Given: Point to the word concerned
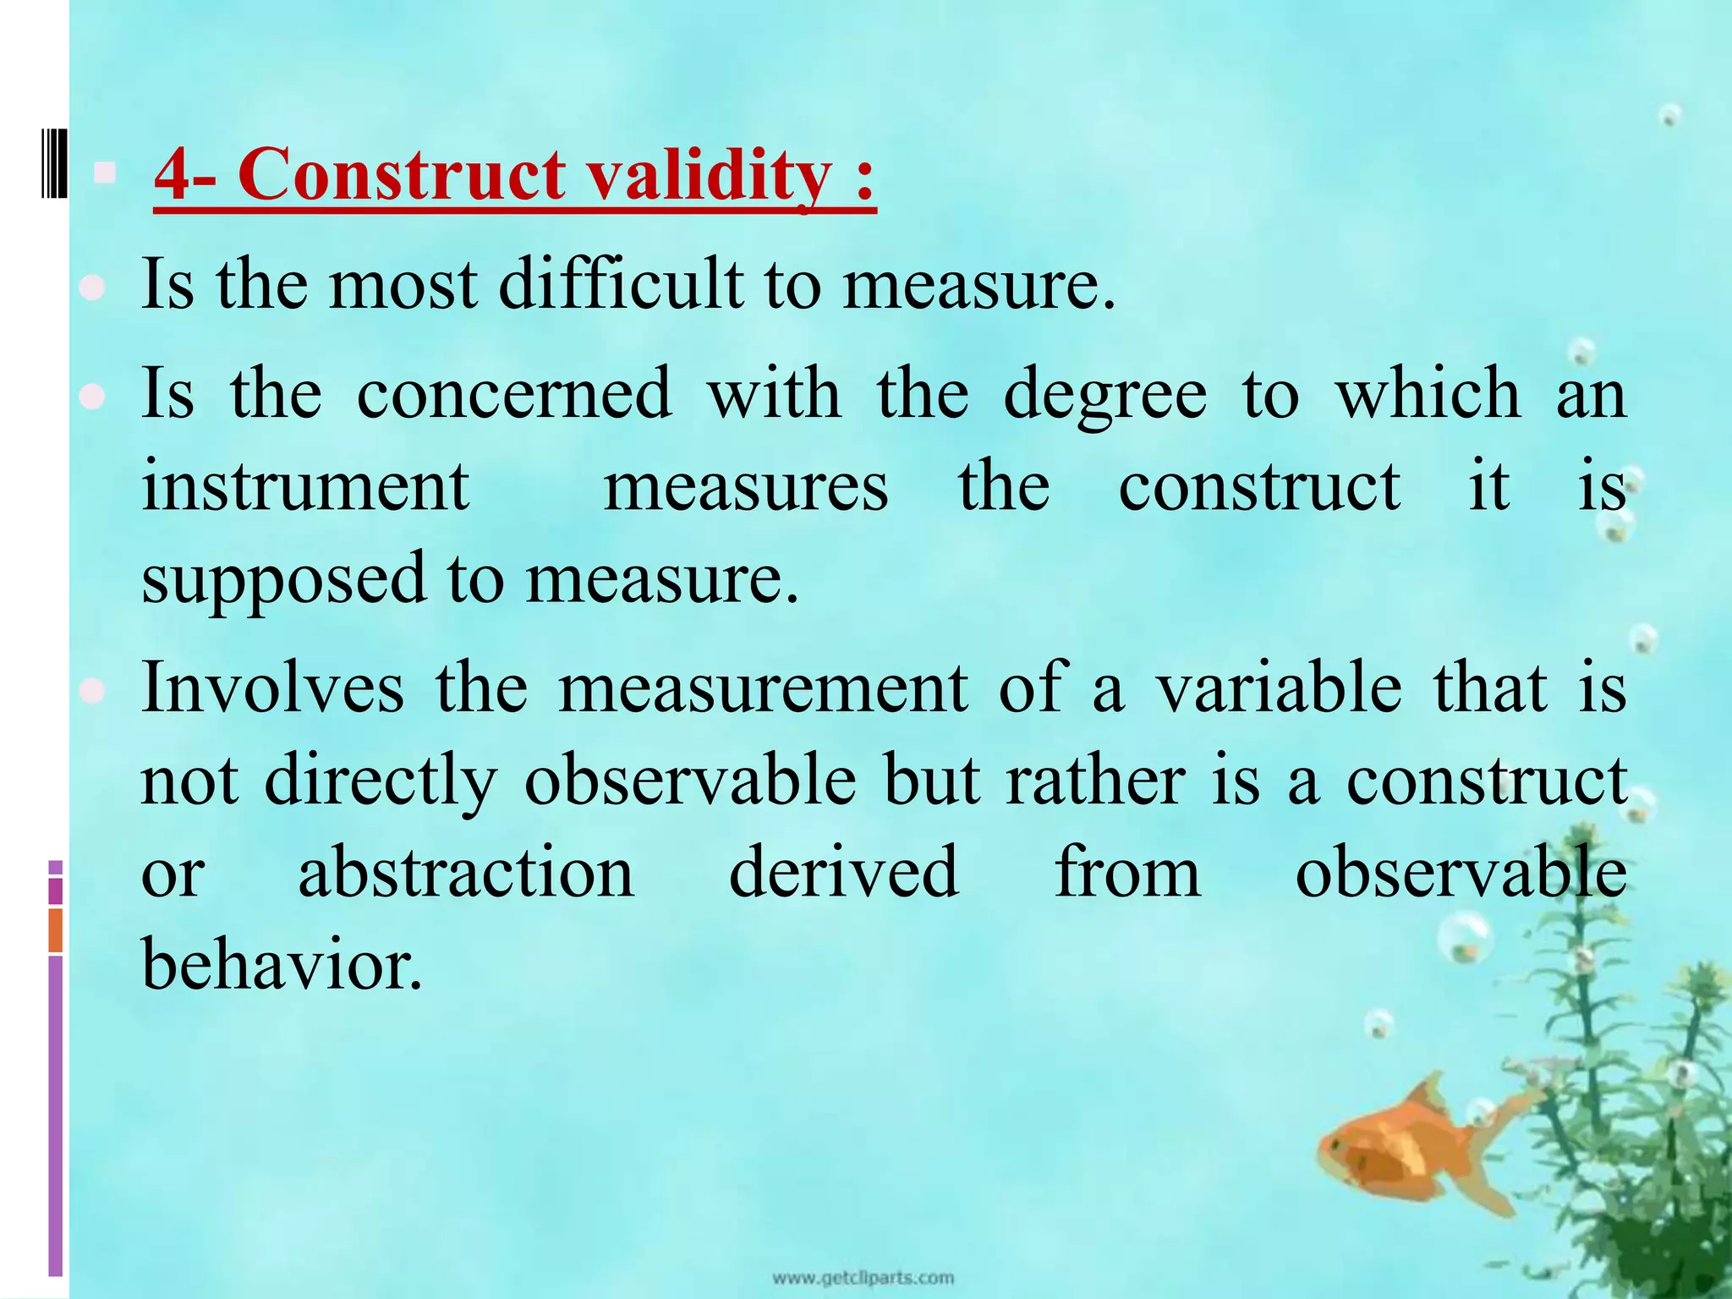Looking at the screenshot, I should (514, 394).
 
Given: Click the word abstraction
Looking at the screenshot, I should (466, 872).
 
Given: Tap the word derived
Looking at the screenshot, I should (843, 872).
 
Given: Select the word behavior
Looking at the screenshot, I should (281, 965).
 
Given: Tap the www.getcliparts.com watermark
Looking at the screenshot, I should (863, 1277).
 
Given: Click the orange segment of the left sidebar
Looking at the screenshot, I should (55, 929).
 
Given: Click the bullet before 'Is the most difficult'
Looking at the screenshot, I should (91, 288).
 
